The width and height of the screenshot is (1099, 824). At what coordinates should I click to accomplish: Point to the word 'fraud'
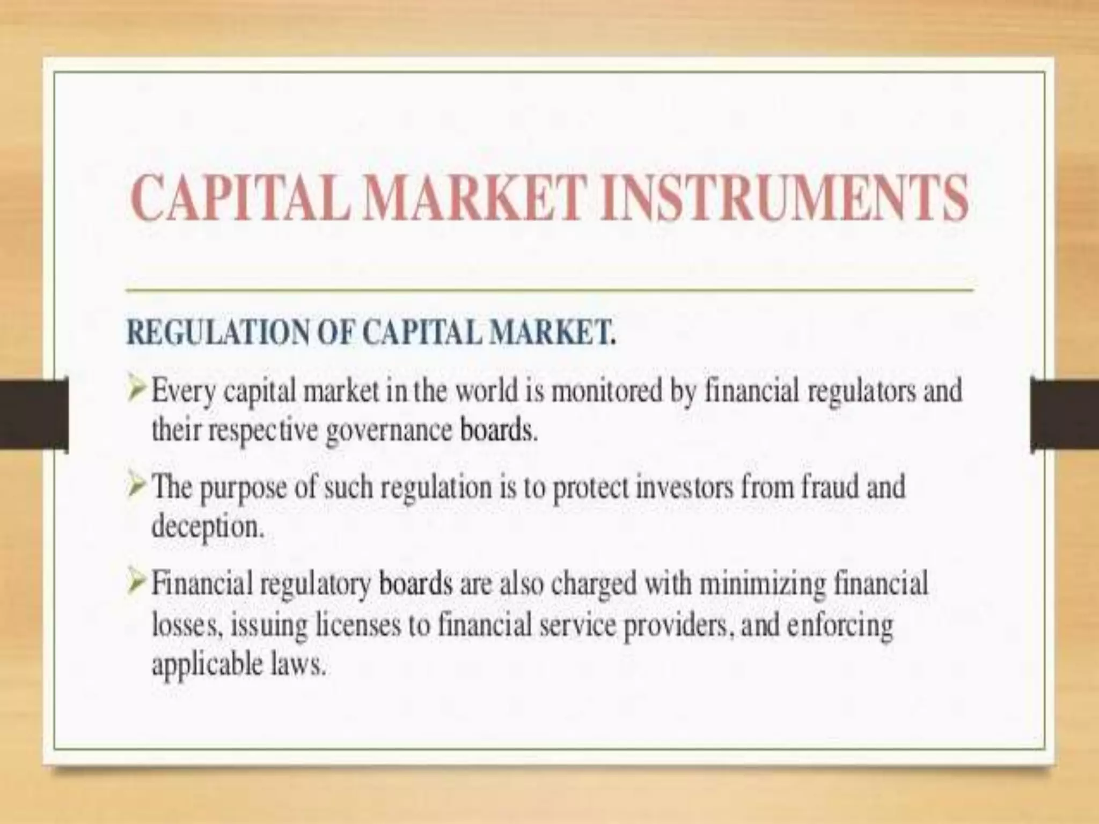830,487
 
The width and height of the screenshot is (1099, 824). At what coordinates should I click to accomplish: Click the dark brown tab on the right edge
1065,414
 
